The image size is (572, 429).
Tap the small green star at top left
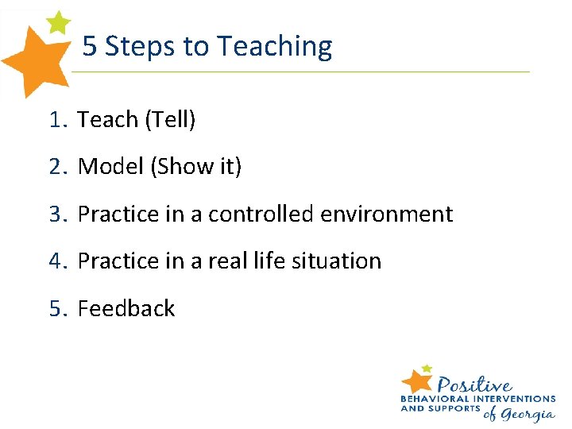(x=58, y=21)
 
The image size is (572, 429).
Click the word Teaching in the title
(x=274, y=47)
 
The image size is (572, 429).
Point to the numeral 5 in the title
(x=90, y=47)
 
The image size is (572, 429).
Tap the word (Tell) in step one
(x=169, y=120)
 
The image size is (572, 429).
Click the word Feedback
(x=126, y=308)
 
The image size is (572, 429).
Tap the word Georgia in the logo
(x=527, y=413)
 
